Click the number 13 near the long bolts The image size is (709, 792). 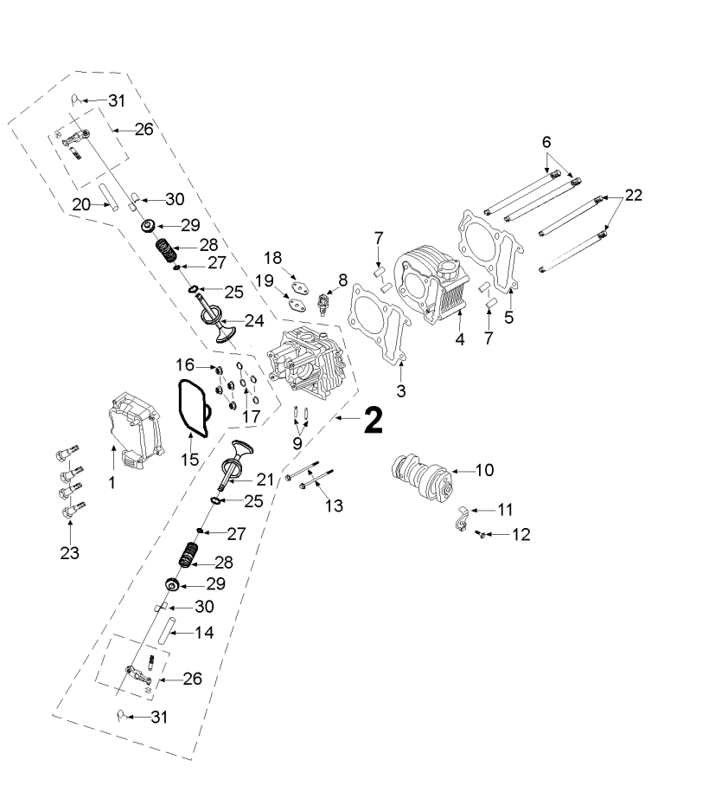pyautogui.click(x=333, y=505)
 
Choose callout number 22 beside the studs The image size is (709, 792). pyautogui.click(x=634, y=196)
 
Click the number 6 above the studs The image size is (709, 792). pyautogui.click(x=546, y=141)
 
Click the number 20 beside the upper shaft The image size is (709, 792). pyautogui.click(x=82, y=204)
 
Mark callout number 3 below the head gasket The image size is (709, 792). pyautogui.click(x=401, y=390)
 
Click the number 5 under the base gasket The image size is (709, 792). pyautogui.click(x=509, y=318)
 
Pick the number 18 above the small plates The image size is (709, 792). pyautogui.click(x=273, y=259)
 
